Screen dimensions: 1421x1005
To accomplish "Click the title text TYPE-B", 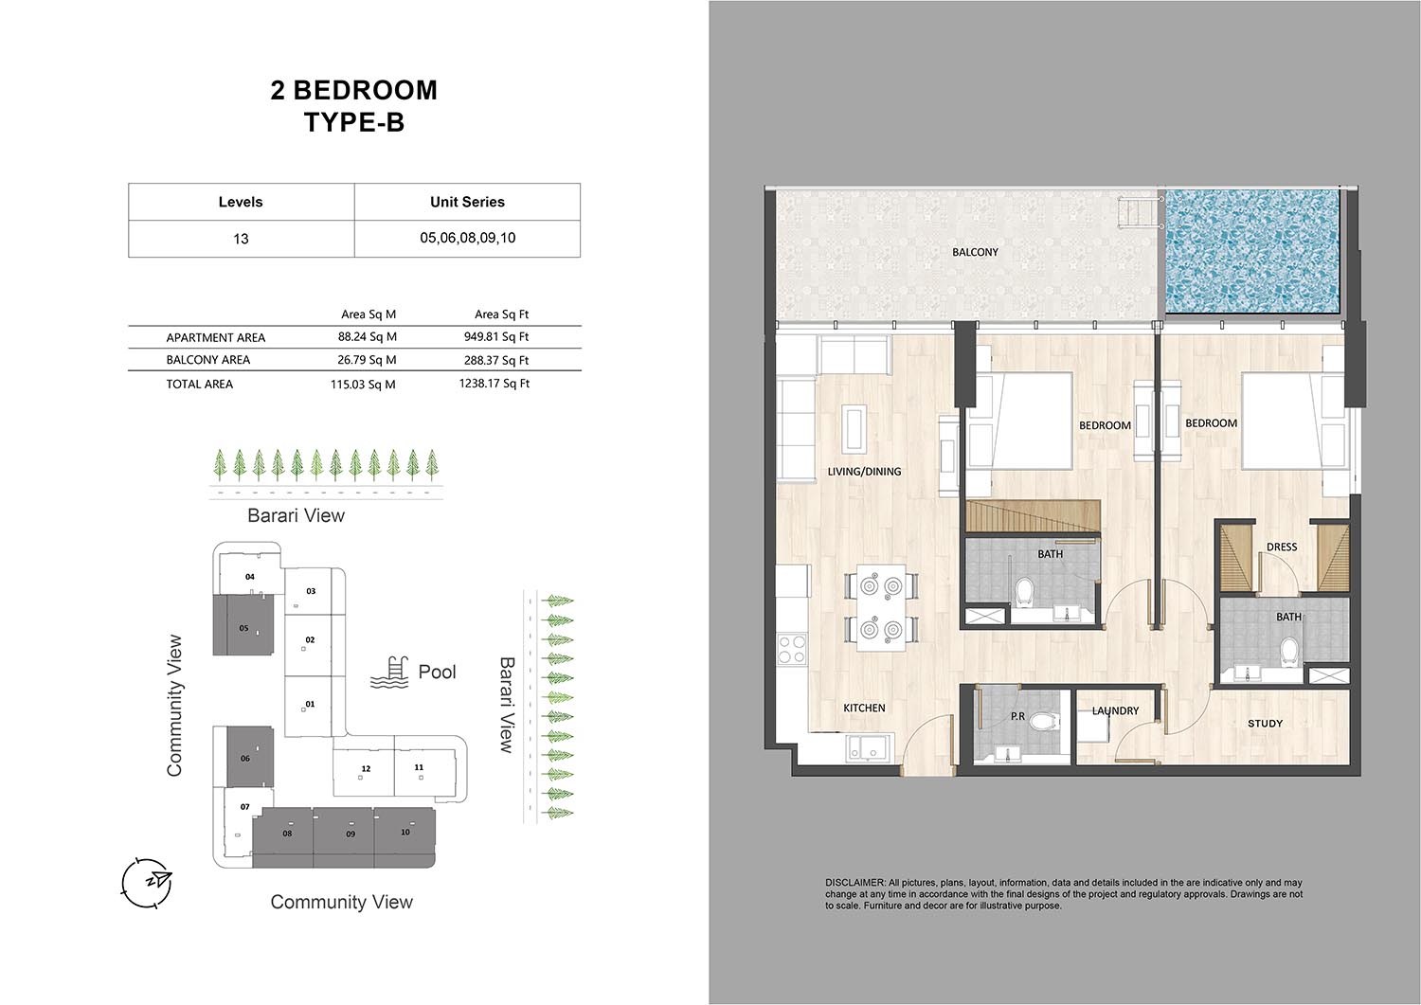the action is pyautogui.click(x=354, y=122).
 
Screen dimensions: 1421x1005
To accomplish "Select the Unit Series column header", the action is pyautogui.click(x=468, y=202).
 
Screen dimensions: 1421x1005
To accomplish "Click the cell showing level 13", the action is pyautogui.click(x=241, y=239).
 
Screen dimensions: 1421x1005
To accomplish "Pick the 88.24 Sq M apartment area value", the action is pyautogui.click(x=367, y=337).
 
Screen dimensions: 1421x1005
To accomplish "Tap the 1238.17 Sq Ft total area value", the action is pyautogui.click(x=495, y=384).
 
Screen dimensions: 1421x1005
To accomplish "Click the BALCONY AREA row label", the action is pyautogui.click(x=208, y=360).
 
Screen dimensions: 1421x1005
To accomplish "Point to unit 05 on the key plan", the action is pyautogui.click(x=243, y=625).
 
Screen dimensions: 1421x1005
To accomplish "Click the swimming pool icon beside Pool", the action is pyautogui.click(x=388, y=673).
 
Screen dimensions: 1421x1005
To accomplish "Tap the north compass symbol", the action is pyautogui.click(x=147, y=883).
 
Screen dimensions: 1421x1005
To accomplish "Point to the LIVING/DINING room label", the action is pyautogui.click(x=864, y=472).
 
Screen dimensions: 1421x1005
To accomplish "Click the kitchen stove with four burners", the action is pyautogui.click(x=792, y=649).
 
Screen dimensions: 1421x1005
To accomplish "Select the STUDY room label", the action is pyautogui.click(x=1265, y=724).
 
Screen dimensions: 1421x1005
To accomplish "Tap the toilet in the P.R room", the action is pyautogui.click(x=1043, y=722).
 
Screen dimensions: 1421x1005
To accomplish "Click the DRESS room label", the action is pyautogui.click(x=1282, y=547).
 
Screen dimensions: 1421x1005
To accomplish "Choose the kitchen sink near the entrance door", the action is pyautogui.click(x=868, y=747).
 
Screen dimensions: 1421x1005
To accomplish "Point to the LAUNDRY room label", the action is pyautogui.click(x=1115, y=710).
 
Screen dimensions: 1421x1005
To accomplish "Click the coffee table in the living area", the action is pyautogui.click(x=853, y=429).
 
